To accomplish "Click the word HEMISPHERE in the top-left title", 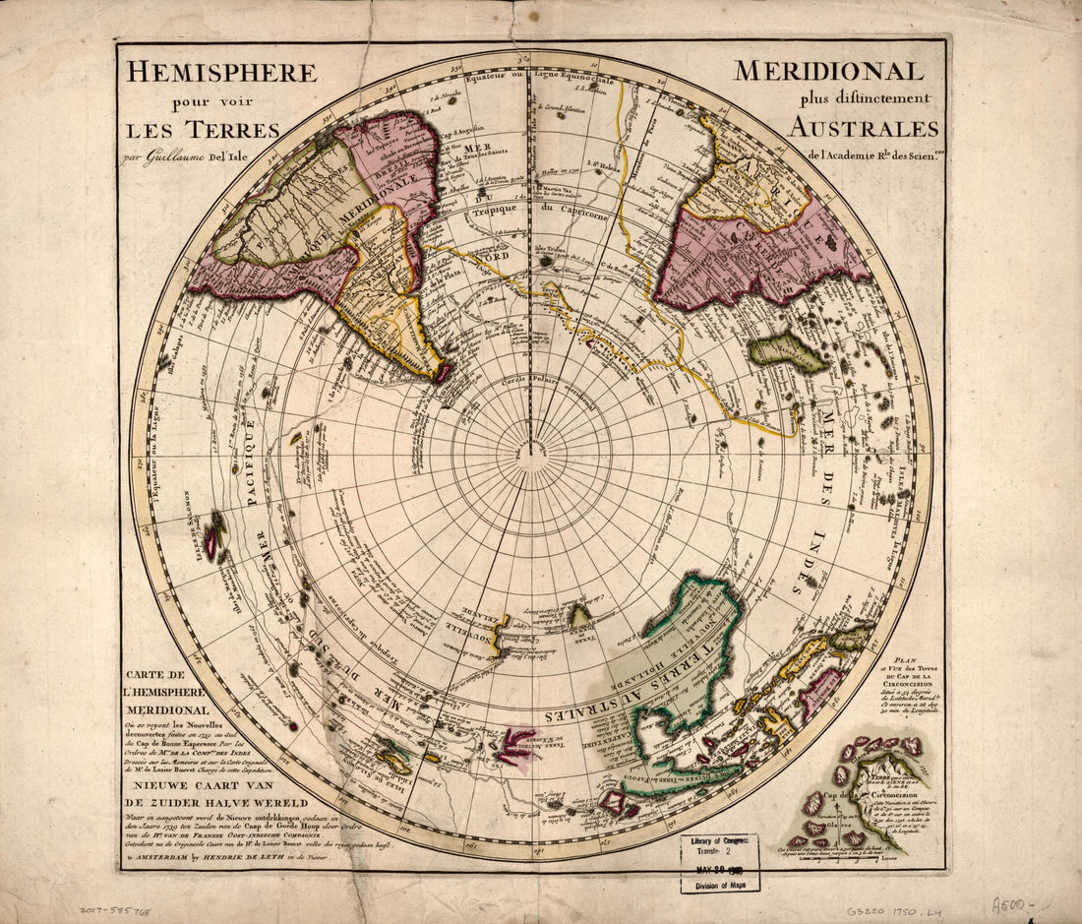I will click(x=219, y=74).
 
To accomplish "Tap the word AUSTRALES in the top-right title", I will click(x=864, y=129).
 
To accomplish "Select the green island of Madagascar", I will click(x=789, y=351).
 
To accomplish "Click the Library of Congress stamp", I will click(x=720, y=862).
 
